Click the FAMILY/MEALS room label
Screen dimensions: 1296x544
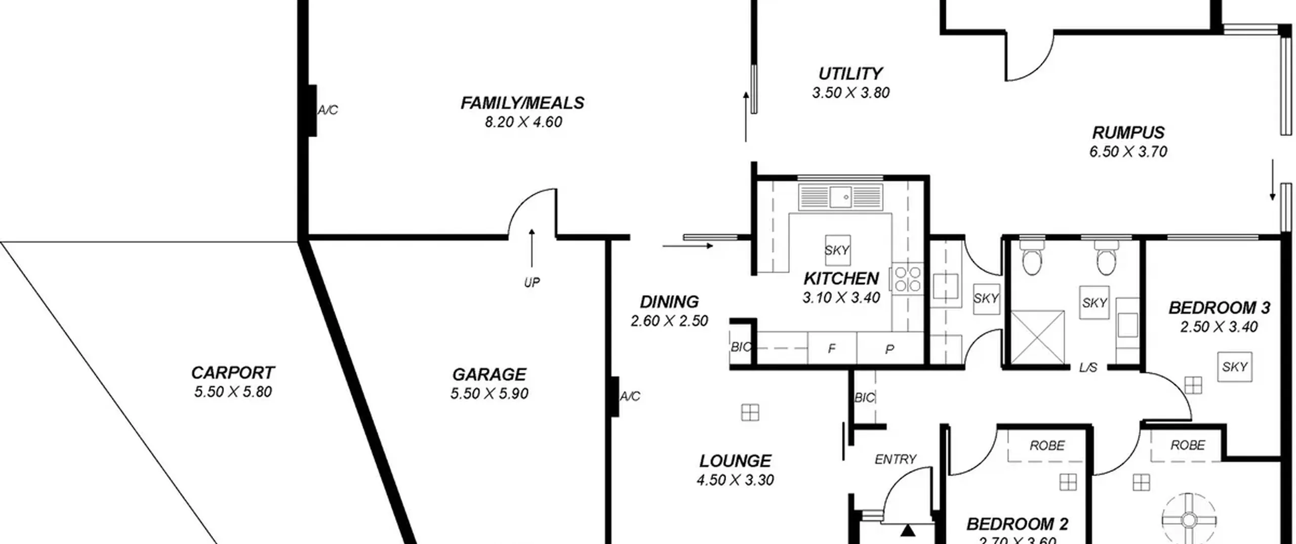pos(522,103)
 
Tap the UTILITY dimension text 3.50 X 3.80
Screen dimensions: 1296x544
pos(850,93)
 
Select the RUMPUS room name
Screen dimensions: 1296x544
pos(1128,133)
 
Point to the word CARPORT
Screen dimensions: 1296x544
pos(232,372)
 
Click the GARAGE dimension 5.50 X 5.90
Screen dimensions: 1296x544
pos(489,393)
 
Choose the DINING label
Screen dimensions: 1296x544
pos(669,302)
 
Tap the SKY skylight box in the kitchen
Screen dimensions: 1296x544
pos(837,250)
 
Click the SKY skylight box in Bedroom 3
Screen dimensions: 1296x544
pos(1234,366)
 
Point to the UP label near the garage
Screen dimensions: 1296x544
pos(532,282)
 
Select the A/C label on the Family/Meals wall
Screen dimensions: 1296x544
pos(328,110)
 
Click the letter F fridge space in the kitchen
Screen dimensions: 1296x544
pos(831,349)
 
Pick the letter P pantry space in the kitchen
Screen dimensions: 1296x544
pos(889,349)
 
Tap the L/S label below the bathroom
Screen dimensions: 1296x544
pos(1087,367)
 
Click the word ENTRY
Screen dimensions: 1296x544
pos(895,459)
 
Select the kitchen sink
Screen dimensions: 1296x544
pos(840,197)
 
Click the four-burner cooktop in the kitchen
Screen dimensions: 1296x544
pos(907,279)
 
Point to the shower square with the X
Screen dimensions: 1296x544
pos(1037,338)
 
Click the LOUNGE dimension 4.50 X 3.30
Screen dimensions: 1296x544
pos(735,480)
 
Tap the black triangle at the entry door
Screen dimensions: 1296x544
pos(908,530)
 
